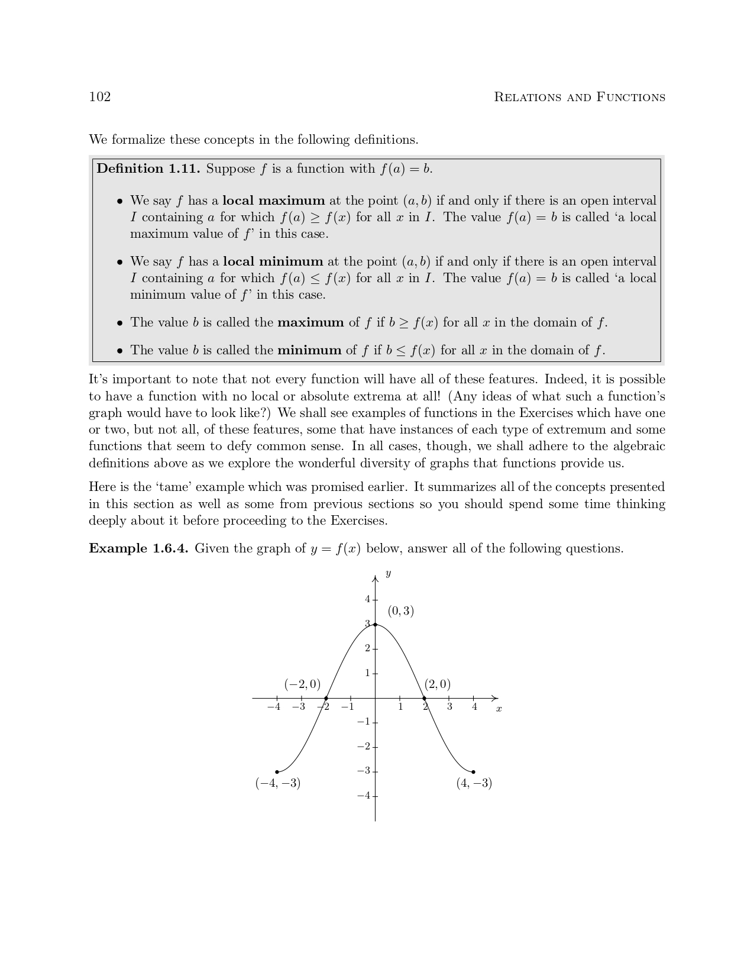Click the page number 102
pyautogui.click(x=100, y=97)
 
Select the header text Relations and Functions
pyautogui.click(x=579, y=98)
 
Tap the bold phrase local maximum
pyautogui.click(x=273, y=201)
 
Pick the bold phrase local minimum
pyautogui.click(x=273, y=261)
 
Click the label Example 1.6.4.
pyautogui.click(x=138, y=549)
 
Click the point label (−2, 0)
pyautogui.click(x=302, y=684)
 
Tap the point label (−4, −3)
pyautogui.click(x=278, y=783)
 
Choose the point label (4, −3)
pyautogui.click(x=474, y=783)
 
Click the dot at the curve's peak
pyautogui.click(x=375, y=625)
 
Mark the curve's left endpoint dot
pyautogui.click(x=277, y=771)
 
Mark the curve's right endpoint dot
pyautogui.click(x=473, y=771)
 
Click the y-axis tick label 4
pyautogui.click(x=367, y=599)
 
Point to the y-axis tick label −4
pyautogui.click(x=364, y=796)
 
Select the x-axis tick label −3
pyautogui.click(x=299, y=707)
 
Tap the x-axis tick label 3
pyautogui.click(x=449, y=707)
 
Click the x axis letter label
pyautogui.click(x=499, y=709)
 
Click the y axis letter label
pyautogui.click(x=387, y=574)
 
